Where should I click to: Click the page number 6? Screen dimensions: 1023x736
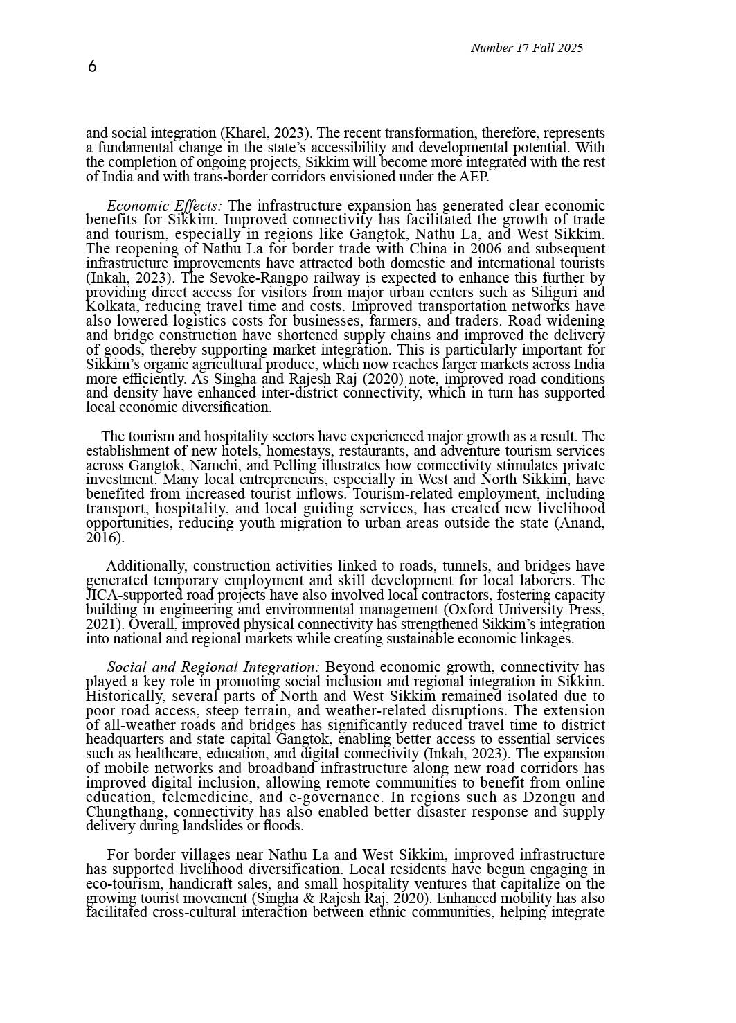point(92,66)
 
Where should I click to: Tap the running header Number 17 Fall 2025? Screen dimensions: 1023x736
point(526,48)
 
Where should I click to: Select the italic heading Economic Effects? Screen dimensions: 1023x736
point(164,206)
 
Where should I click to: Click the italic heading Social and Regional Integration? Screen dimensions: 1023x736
point(213,668)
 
